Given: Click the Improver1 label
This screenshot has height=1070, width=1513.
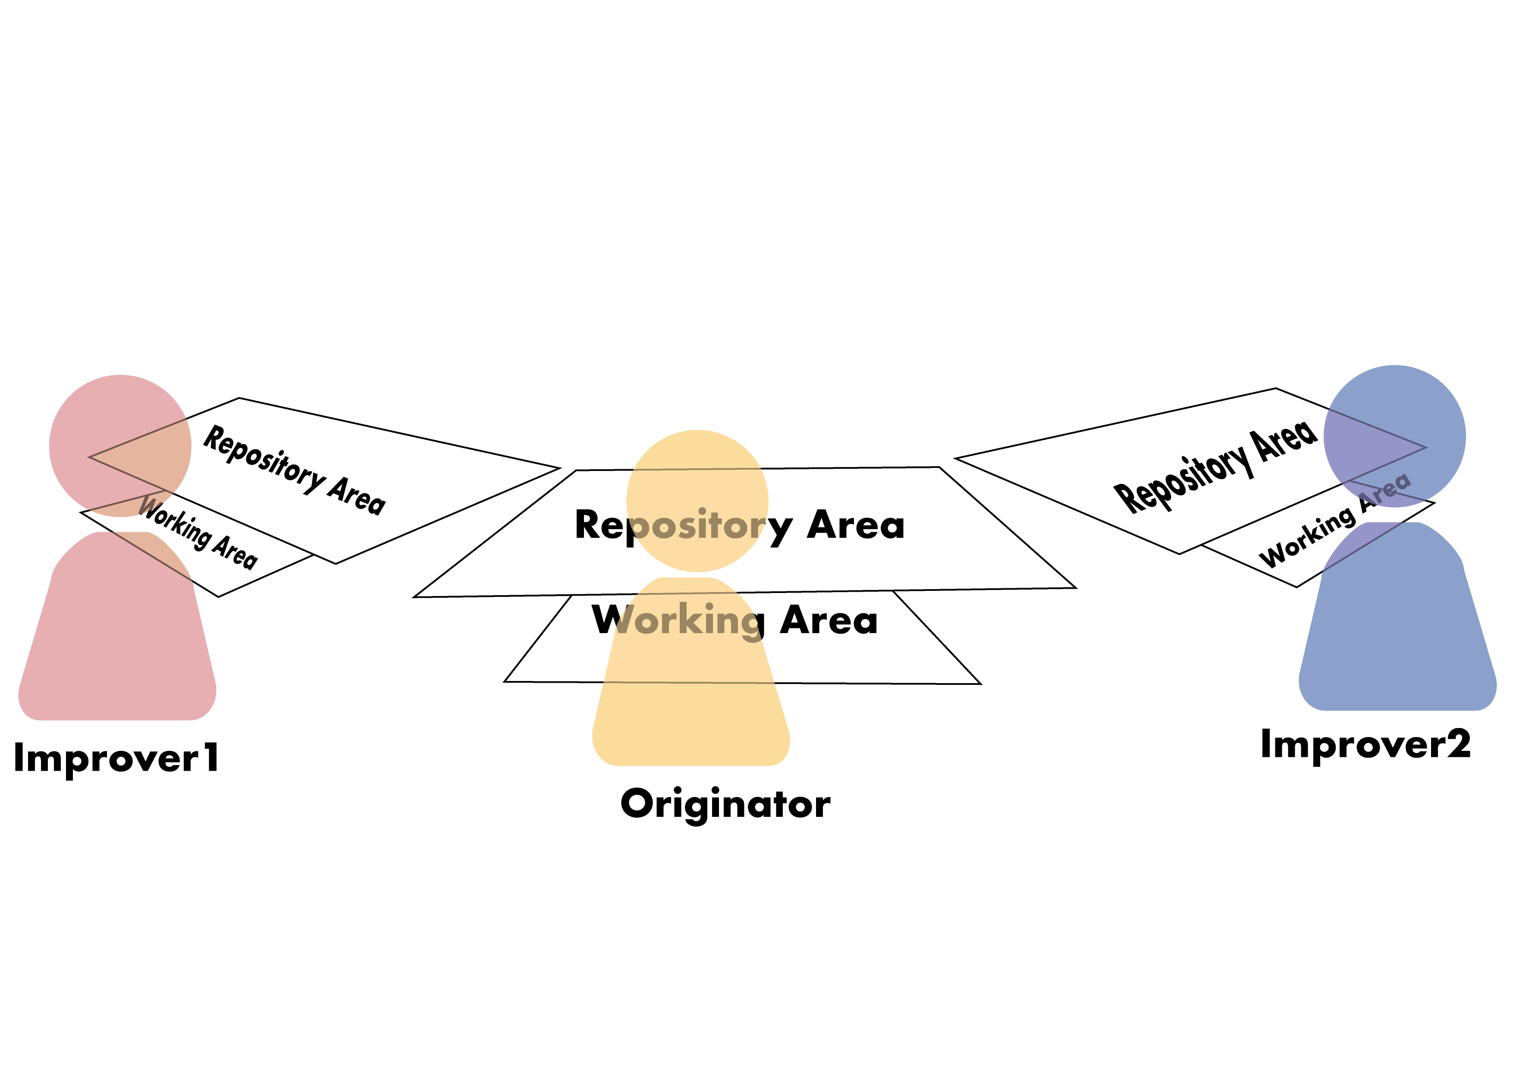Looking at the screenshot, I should [x=116, y=758].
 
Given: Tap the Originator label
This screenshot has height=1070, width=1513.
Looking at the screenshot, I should [x=725, y=804].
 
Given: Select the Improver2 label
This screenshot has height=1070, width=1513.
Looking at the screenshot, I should [x=1365, y=744].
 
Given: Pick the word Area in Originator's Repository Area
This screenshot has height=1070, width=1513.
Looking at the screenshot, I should [x=855, y=525].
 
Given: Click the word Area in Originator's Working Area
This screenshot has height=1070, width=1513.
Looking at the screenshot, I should [x=829, y=621].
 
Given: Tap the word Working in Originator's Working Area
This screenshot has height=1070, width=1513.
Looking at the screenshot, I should [x=679, y=621].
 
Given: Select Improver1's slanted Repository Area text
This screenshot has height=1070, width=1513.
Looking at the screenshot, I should [x=294, y=470].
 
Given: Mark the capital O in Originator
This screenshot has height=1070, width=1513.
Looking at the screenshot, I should [x=637, y=804].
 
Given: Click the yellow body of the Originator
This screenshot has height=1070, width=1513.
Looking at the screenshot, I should [x=692, y=712].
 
